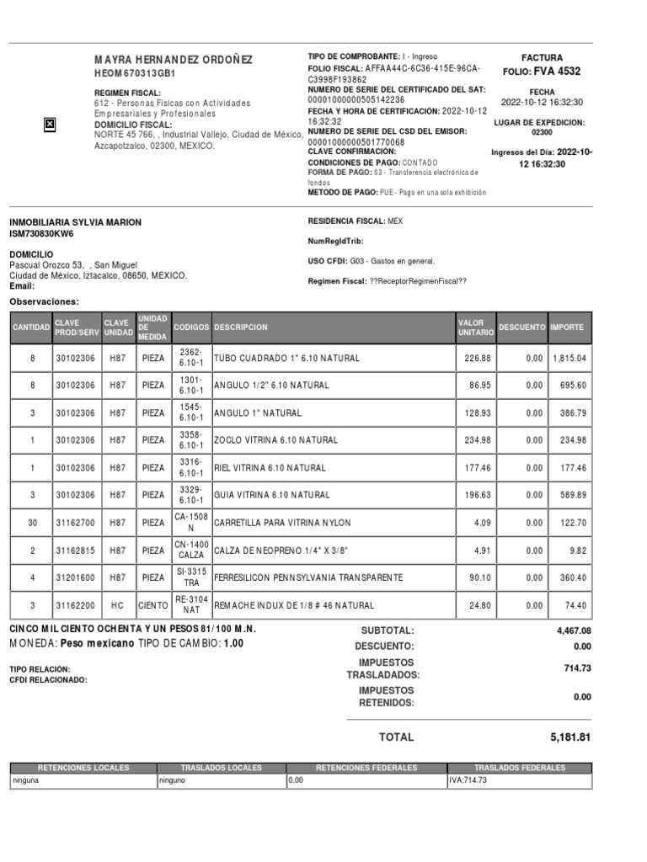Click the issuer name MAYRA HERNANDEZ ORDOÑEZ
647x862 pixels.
click(x=173, y=61)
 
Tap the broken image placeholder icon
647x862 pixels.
click(x=49, y=125)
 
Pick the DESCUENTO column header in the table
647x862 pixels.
click(x=522, y=327)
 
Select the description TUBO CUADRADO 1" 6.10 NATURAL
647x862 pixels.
click(x=286, y=358)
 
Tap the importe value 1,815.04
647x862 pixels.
click(x=569, y=358)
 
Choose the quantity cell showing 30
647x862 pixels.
click(x=33, y=523)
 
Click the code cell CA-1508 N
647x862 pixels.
click(x=190, y=523)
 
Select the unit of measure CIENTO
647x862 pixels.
click(x=152, y=605)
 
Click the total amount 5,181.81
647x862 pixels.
click(x=570, y=737)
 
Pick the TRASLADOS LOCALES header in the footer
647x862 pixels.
click(x=222, y=768)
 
